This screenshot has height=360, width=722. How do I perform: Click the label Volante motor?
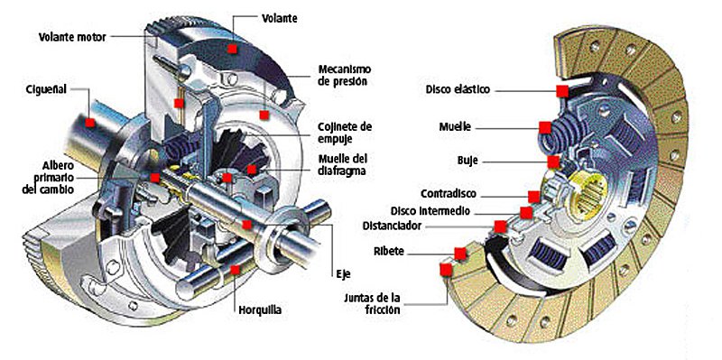pos(72,37)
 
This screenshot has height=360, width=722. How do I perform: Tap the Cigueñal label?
pos(47,89)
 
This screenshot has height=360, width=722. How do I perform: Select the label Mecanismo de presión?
pos(345,75)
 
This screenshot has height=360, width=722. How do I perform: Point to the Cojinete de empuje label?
pos(345,132)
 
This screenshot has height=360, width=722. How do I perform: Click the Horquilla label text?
pos(260,309)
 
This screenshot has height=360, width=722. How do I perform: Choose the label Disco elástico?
pos(458,89)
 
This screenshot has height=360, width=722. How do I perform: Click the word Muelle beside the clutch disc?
pos(455,126)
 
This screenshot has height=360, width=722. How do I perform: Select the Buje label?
pos(468,162)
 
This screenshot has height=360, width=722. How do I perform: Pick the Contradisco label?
pos(448,194)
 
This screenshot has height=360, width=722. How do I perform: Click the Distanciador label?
pos(392,226)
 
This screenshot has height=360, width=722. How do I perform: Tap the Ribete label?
pos(389,252)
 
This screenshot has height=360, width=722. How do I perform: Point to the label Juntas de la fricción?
pos(372,303)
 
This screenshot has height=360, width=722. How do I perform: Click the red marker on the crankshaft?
pos(90,123)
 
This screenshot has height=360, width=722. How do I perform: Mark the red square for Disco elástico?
pos(561,91)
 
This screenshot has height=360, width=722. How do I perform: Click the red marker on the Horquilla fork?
pos(236,270)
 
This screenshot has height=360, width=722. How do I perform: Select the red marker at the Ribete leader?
pos(460,254)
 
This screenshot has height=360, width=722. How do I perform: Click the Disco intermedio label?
pos(430,211)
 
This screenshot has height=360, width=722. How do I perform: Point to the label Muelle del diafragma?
pos(343,165)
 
